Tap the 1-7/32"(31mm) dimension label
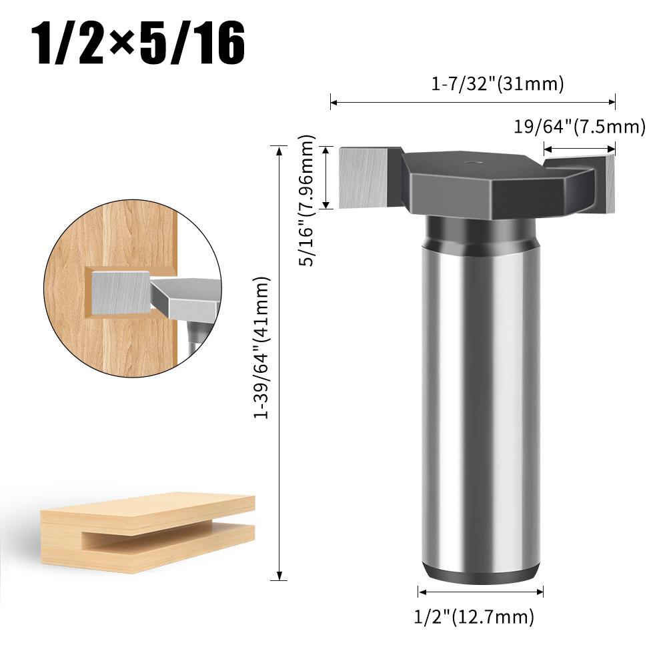498,84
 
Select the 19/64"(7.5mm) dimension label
579,127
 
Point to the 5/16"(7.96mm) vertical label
307,200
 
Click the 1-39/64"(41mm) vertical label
264,348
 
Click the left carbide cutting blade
364,177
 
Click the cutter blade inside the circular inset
120,291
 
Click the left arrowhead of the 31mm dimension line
333,103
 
